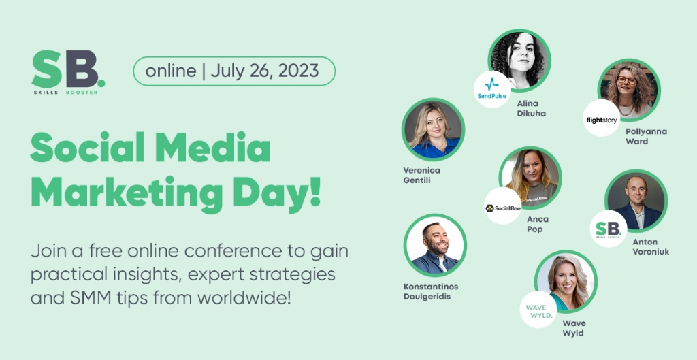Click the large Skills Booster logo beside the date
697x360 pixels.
point(68,72)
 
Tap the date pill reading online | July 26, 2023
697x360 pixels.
point(234,71)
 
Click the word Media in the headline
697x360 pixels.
point(212,147)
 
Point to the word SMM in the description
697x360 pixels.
point(91,297)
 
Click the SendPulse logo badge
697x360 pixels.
point(492,89)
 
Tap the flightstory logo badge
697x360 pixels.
point(602,118)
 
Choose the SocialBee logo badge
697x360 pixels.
point(503,206)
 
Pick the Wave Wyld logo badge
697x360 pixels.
point(538,310)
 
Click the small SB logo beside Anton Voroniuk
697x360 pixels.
point(609,229)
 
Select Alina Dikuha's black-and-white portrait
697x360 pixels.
point(519,61)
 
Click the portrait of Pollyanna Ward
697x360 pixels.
point(629,90)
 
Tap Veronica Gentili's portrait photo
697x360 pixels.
point(434,129)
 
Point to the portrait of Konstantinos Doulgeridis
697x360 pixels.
point(435,246)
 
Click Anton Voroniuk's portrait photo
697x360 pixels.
point(636,201)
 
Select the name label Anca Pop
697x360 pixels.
point(538,224)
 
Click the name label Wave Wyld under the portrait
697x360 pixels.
point(574,328)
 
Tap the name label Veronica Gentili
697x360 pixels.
point(421,175)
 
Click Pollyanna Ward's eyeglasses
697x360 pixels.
point(627,80)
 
